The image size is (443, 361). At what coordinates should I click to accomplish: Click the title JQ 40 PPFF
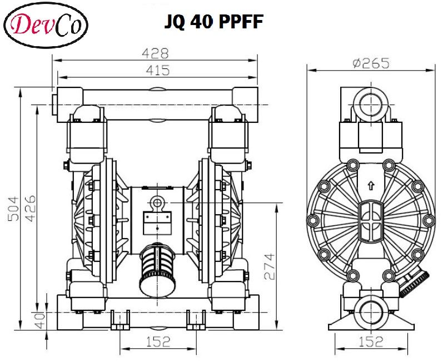click(213, 21)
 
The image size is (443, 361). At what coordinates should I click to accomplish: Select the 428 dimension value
click(155, 53)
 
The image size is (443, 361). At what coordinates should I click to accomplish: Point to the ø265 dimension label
click(371, 63)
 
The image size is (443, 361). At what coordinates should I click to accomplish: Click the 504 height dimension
click(12, 209)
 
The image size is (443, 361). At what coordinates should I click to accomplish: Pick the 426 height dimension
click(28, 209)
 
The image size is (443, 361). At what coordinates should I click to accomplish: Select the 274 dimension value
click(268, 266)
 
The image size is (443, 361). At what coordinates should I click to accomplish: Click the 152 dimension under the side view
click(371, 341)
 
